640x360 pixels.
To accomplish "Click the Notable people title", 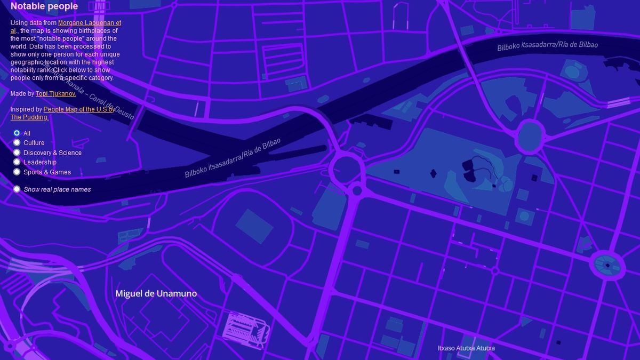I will (x=44, y=6).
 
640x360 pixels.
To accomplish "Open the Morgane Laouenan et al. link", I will (x=89, y=23).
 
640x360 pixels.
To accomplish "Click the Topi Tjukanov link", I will (x=55, y=93).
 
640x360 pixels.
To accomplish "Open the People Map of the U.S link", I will (x=78, y=109).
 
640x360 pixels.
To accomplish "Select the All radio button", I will (x=17, y=133).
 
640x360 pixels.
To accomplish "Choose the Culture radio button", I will (x=17, y=142).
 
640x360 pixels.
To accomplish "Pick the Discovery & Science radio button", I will (x=17, y=153).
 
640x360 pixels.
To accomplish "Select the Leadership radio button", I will (x=17, y=162).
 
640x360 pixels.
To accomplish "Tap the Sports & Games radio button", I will (x=17, y=172).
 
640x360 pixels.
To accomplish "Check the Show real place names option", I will (x=17, y=189).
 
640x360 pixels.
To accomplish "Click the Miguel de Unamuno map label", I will (x=156, y=293).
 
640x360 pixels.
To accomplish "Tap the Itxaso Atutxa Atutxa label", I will (x=466, y=348).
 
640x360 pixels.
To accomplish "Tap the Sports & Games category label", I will (x=47, y=172).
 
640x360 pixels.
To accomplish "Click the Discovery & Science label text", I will (x=52, y=153).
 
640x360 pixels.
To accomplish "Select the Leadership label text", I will (x=39, y=163).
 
